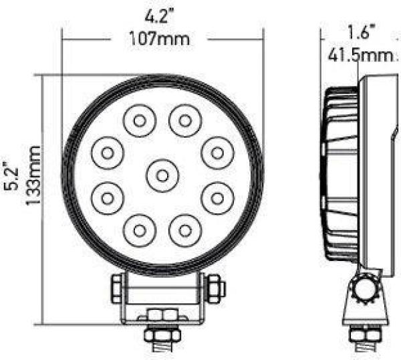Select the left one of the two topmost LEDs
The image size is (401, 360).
coord(138,121)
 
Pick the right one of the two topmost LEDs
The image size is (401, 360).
coord(184,121)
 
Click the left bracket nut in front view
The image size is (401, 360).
coord(116,288)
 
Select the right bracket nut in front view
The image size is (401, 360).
coord(215,288)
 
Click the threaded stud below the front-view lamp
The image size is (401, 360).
coord(160,350)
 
